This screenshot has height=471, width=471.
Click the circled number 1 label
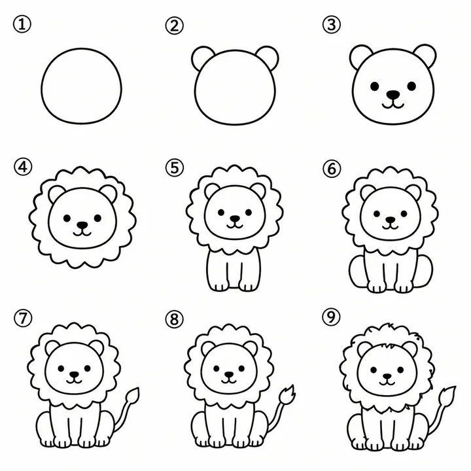(x=22, y=24)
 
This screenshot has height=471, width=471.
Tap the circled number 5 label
(x=174, y=167)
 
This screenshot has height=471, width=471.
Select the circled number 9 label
(x=331, y=317)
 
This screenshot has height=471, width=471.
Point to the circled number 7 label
(x=23, y=318)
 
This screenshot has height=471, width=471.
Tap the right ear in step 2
(x=268, y=58)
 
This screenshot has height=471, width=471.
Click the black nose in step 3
(x=393, y=95)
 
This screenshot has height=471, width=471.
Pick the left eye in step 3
(x=375, y=86)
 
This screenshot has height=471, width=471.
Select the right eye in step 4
(x=97, y=218)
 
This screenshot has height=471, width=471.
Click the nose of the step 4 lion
(x=82, y=224)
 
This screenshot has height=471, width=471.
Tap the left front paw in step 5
(x=218, y=285)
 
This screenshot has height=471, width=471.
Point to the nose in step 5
(x=235, y=218)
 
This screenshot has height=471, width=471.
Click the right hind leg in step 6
(x=424, y=272)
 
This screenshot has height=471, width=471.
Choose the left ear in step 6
(x=367, y=192)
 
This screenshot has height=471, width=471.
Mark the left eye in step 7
(x=61, y=368)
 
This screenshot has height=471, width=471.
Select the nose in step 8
(x=229, y=374)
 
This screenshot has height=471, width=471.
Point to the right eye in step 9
(x=400, y=369)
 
